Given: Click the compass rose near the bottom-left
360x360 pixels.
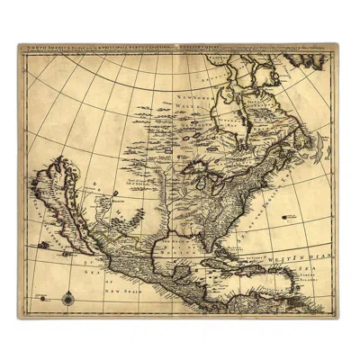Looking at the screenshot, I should pos(69,298).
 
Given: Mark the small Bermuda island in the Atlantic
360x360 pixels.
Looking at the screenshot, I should pos(287,216).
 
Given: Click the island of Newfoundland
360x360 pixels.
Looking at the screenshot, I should pos(310,144).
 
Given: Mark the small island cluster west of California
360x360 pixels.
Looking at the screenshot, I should pos(43,244).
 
